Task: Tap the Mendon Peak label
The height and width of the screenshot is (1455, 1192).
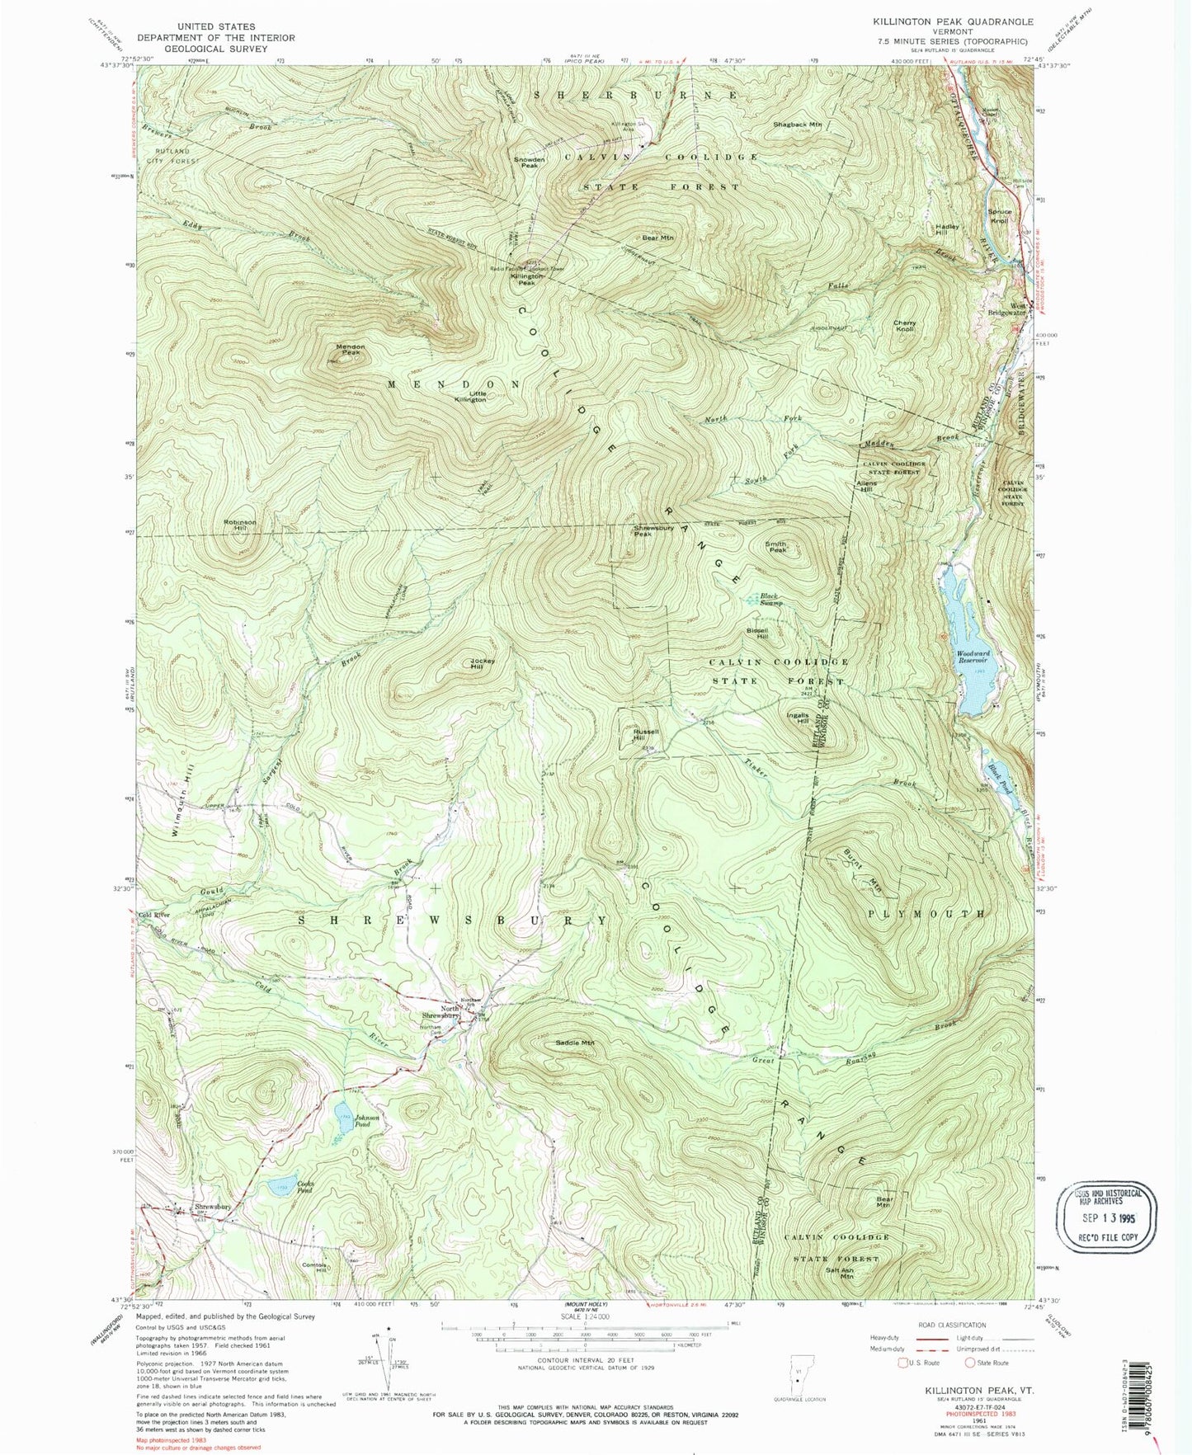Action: [350, 350]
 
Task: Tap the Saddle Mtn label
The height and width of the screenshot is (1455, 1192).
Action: [574, 1043]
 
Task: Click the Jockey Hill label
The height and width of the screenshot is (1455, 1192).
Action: [482, 663]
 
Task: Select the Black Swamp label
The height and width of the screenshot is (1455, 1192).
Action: [769, 600]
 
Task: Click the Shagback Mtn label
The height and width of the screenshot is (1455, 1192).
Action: [798, 125]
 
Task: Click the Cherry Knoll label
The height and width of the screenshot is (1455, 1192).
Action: [905, 326]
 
